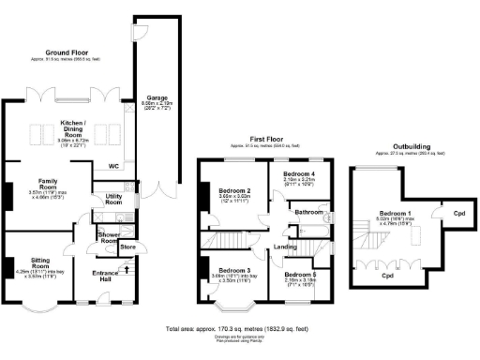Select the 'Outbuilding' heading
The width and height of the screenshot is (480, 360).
coord(399,148)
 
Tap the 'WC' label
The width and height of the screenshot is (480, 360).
coord(113,167)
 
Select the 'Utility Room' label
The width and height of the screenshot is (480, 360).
coord(112,199)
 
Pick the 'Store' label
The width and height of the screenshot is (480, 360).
coord(128,247)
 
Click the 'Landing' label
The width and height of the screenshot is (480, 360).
coord(286,247)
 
